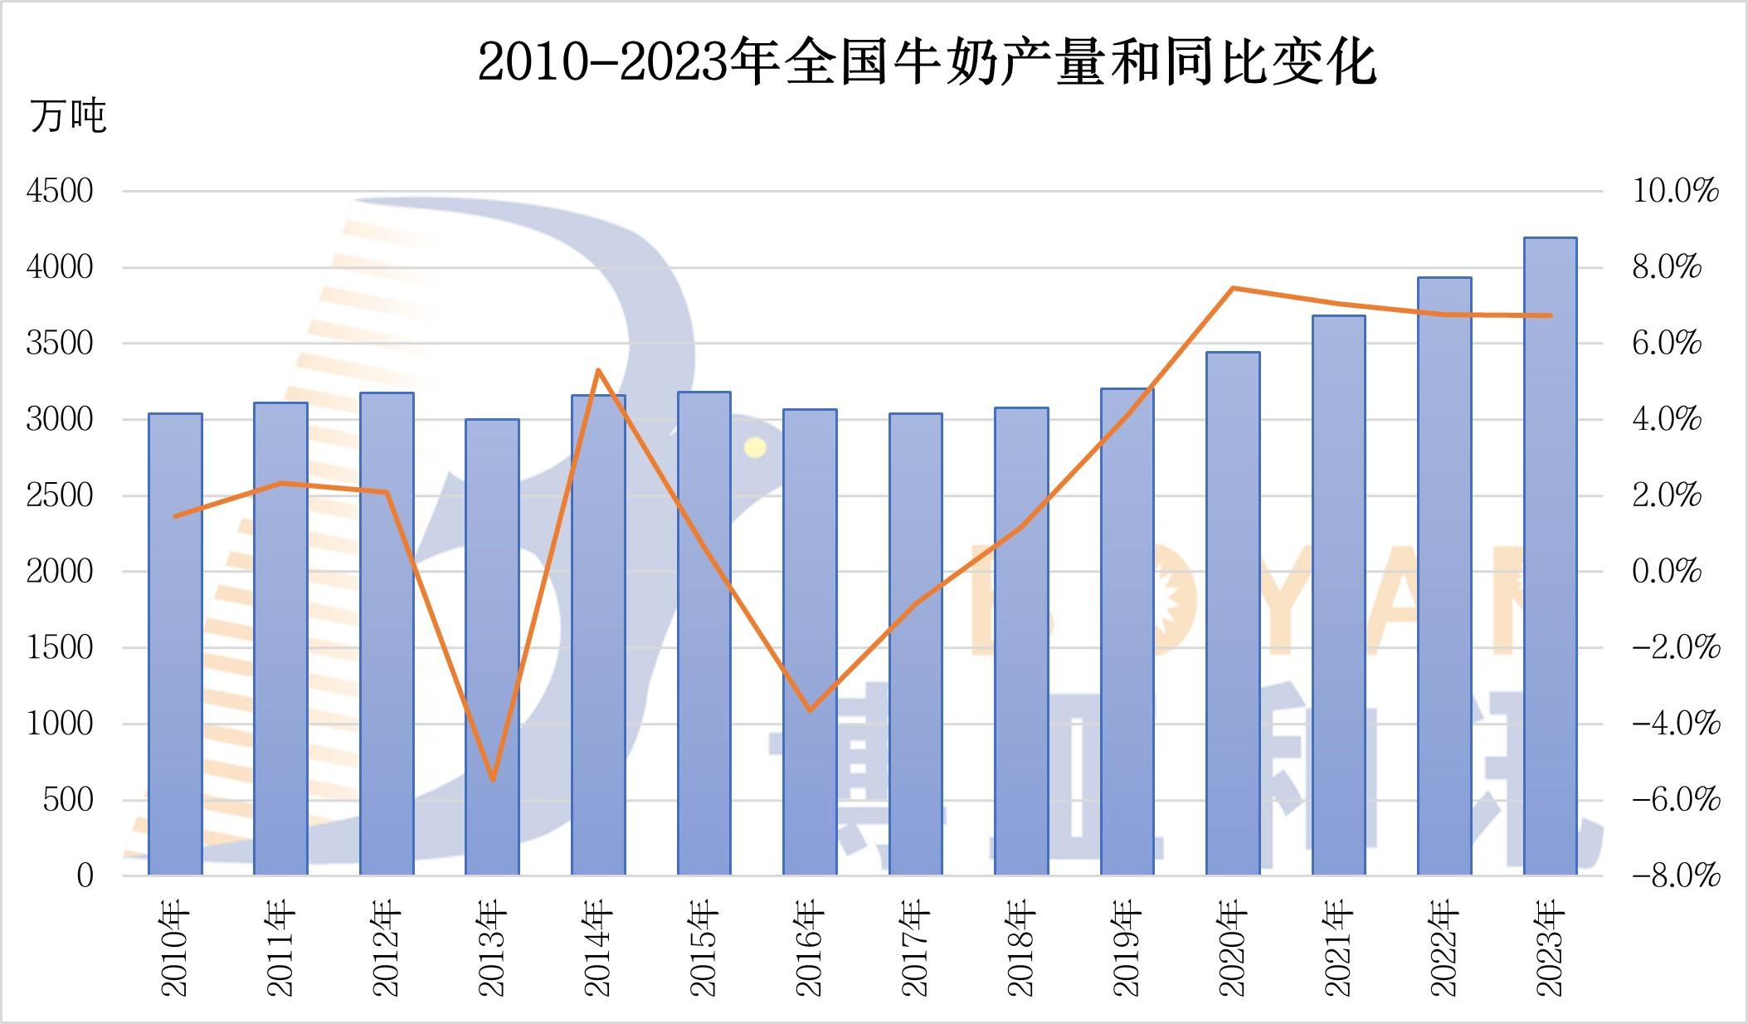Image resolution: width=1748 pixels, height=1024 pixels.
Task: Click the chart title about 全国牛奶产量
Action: point(926,61)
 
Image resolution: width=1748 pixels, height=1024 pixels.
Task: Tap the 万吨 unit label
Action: point(69,115)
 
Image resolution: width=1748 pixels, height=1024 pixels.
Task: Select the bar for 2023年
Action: point(1550,556)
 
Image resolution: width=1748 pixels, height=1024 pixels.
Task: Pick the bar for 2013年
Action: point(492,647)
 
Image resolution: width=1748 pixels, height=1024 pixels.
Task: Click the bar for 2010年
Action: point(175,644)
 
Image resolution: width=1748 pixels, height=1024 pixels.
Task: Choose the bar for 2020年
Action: point(1233,613)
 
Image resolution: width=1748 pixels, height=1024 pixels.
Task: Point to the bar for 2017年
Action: point(916,644)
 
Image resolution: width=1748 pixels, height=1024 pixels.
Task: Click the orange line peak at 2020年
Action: point(1234,288)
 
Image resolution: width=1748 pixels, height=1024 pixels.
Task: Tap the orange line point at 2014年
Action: point(598,370)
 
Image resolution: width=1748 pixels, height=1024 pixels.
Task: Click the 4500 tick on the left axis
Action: point(60,192)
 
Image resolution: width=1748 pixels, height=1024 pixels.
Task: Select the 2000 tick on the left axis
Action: point(60,572)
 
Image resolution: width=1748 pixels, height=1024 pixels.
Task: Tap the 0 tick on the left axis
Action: point(85,875)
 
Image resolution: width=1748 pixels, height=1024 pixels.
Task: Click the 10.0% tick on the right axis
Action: point(1674,192)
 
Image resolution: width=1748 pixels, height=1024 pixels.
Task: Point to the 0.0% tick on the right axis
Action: point(1667,572)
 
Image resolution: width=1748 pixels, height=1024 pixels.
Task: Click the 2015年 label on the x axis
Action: point(704,949)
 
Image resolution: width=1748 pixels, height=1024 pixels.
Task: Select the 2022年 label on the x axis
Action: point(1444,949)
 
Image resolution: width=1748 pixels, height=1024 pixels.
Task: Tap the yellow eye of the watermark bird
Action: point(755,448)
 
